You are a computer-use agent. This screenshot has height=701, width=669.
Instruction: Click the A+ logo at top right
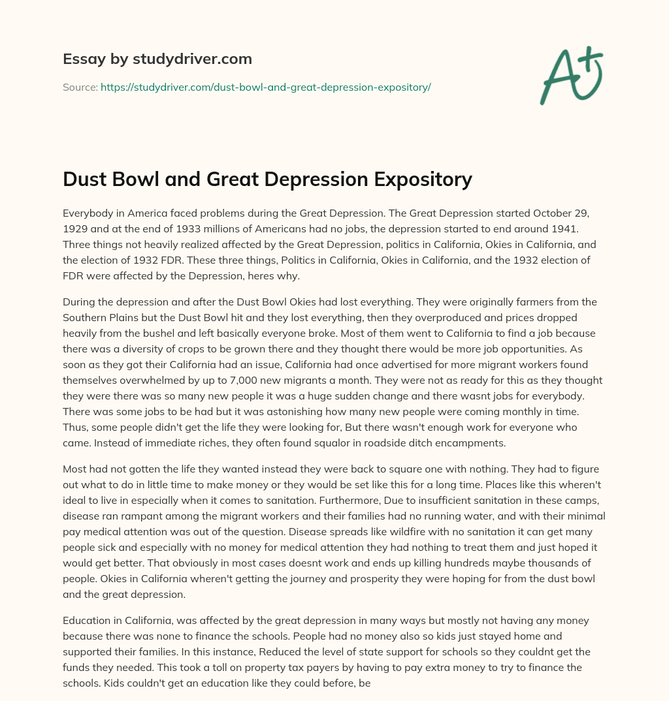pos(571,75)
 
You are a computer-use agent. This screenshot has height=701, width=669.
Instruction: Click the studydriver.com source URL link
pos(265,87)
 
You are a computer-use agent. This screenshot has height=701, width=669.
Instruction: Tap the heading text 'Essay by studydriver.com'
pos(157,59)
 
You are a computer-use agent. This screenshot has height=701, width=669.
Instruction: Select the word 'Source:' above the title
pos(80,87)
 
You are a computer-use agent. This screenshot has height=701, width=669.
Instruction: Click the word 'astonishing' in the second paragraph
pos(258,411)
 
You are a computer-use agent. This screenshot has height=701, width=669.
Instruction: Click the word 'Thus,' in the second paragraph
pos(75,427)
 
